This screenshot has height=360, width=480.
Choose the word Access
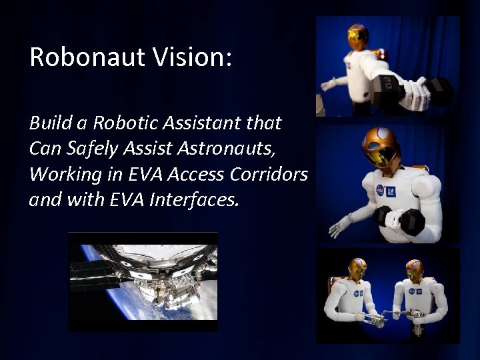point(195,174)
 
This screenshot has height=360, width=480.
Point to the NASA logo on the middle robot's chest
point(380,189)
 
